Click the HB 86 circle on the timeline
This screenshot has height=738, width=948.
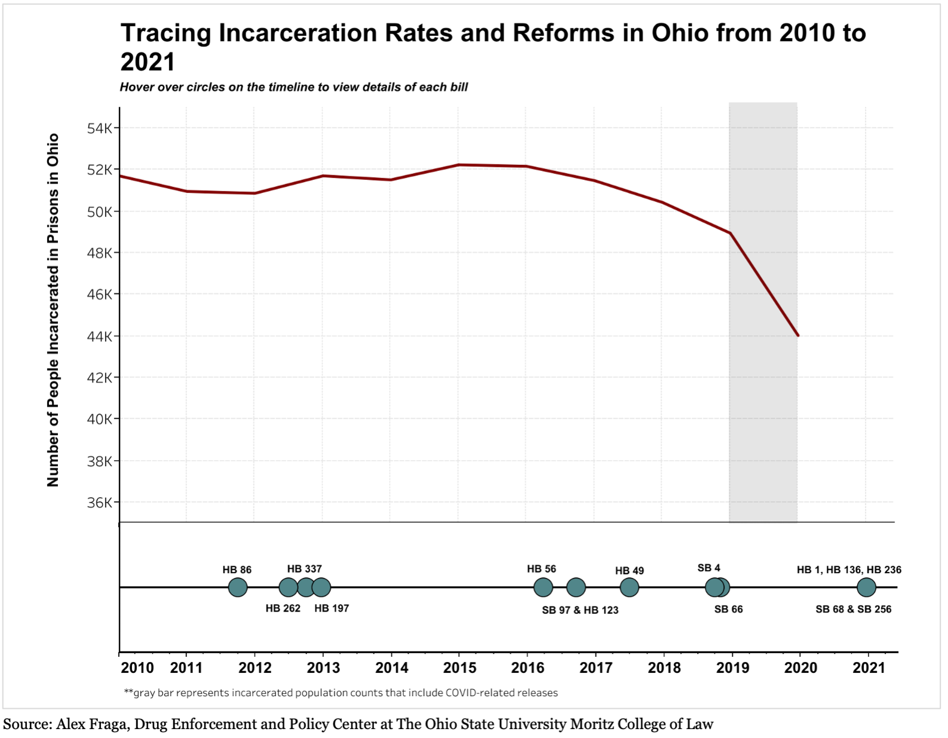tap(238, 587)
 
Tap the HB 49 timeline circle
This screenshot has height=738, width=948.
tap(629, 587)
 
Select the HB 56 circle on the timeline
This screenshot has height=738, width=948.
tap(543, 587)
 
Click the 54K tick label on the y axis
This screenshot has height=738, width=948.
tap(99, 128)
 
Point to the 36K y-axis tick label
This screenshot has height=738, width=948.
tap(99, 503)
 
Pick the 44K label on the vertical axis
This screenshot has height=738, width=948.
tap(99, 336)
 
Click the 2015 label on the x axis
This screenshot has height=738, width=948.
tap(459, 667)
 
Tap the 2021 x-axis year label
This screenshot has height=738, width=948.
tap(869, 667)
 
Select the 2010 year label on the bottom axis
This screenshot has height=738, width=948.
tap(137, 667)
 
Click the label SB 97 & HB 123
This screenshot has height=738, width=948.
tap(580, 610)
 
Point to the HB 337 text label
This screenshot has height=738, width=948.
tap(304, 569)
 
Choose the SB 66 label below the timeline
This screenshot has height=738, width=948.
tap(728, 610)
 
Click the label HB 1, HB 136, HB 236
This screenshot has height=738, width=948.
tap(849, 570)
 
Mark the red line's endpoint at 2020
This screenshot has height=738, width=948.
tap(798, 335)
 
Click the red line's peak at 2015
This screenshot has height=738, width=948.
tap(459, 165)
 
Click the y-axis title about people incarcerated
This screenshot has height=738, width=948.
tap(53, 310)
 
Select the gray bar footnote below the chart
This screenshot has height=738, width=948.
tap(340, 693)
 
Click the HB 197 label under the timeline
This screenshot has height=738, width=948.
tap(332, 608)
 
